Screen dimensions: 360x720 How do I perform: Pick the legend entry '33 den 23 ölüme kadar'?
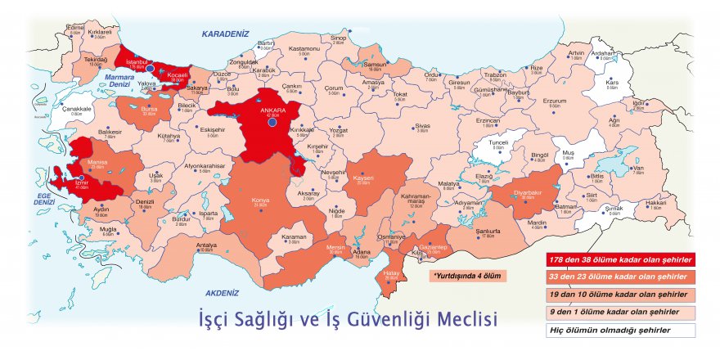tap(621, 277)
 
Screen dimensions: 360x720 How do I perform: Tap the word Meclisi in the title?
tap(464, 317)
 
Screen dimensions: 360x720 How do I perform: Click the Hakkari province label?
tap(656, 202)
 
